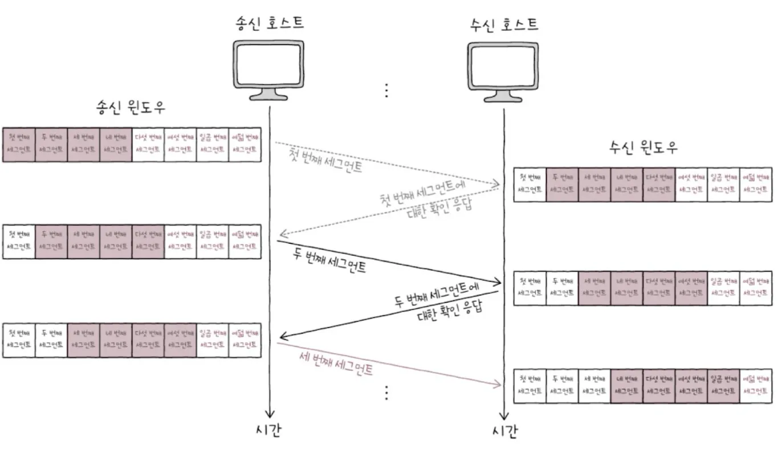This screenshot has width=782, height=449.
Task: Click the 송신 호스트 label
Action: tap(270, 22)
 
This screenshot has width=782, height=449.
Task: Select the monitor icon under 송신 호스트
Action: tap(269, 68)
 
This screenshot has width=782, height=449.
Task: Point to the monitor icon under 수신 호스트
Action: tap(503, 69)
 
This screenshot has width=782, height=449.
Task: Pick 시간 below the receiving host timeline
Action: tap(504, 432)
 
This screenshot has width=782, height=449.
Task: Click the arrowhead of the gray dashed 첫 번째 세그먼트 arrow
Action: tap(497, 183)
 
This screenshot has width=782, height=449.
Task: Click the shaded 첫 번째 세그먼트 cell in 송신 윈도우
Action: tap(19, 145)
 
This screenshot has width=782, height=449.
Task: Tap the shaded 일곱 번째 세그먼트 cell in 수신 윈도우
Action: tap(724, 386)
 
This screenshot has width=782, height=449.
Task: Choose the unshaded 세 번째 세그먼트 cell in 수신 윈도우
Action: tap(594, 386)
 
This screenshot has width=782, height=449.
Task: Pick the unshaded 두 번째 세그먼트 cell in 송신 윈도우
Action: tap(51, 340)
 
